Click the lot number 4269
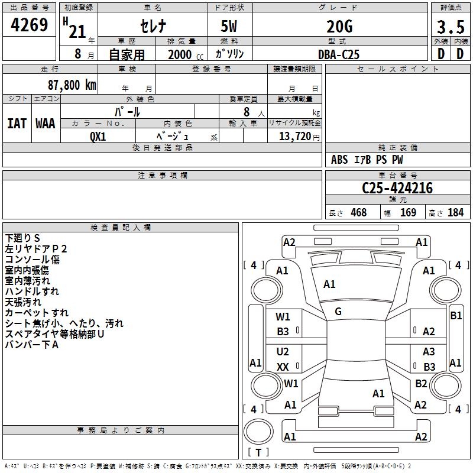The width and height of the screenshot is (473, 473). (29, 25)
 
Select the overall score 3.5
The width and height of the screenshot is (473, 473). (451, 27)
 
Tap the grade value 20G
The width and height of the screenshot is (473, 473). (339, 27)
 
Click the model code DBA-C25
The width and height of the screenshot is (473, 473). (339, 54)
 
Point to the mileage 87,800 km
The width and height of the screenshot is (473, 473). (72, 85)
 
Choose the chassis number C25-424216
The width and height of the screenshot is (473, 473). (397, 188)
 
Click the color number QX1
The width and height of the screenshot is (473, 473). (98, 137)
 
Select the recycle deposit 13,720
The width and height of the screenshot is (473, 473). (295, 137)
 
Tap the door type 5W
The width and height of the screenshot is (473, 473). (229, 27)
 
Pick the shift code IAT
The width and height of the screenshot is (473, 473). (17, 124)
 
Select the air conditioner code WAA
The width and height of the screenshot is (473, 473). (46, 124)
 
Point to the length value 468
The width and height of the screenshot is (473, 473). (359, 213)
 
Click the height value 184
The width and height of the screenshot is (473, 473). (456, 213)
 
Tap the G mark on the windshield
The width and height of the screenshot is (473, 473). (338, 312)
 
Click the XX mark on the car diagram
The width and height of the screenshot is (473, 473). (283, 367)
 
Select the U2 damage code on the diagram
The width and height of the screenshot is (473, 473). (283, 352)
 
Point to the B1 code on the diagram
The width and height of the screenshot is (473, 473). (456, 316)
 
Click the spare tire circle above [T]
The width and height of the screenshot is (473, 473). (258, 432)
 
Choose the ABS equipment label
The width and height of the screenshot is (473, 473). (339, 160)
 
